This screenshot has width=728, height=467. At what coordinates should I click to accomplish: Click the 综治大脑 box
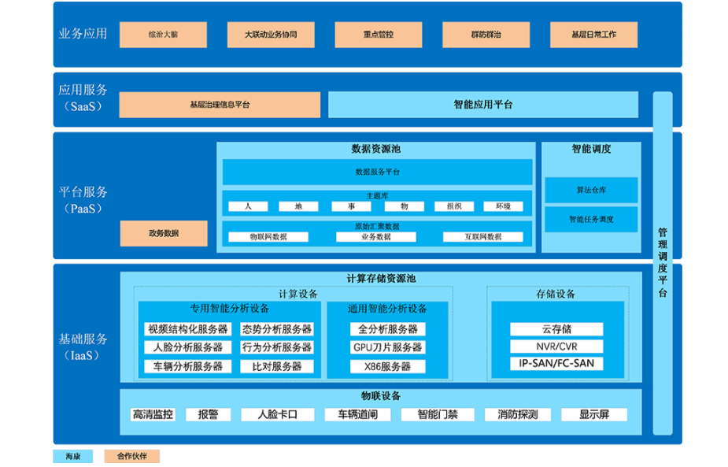point(163,35)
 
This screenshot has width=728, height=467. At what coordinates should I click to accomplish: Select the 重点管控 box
point(379,35)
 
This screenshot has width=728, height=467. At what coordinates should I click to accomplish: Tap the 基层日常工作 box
point(594,35)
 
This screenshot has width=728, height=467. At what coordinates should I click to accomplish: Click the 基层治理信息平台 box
point(220,105)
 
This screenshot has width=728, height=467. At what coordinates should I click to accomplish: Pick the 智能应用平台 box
point(482,104)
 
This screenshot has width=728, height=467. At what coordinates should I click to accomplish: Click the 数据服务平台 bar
point(377,172)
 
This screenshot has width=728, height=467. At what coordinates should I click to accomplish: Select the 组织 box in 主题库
point(454,206)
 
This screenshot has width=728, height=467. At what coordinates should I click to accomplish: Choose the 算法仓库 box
point(591,190)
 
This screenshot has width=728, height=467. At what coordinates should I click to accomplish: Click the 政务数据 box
point(164,233)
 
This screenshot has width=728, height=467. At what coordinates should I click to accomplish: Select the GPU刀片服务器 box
point(387,347)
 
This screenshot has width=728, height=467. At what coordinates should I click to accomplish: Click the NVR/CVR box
point(556,347)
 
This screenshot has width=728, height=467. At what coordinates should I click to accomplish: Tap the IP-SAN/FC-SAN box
point(556,364)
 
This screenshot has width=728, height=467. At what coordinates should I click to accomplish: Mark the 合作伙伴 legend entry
point(138,456)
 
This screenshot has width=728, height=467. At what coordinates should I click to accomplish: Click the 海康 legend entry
point(73,456)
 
